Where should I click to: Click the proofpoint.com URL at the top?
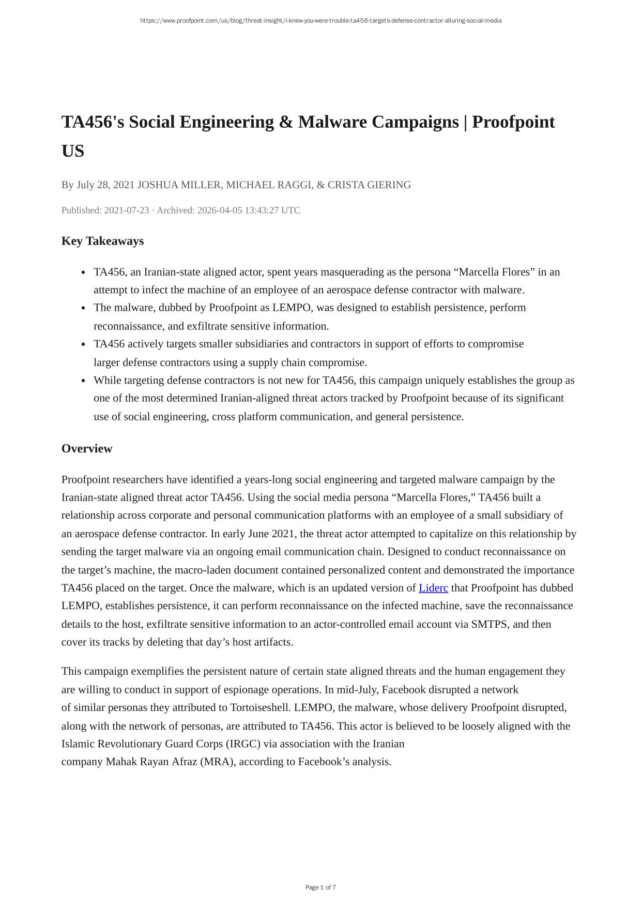click(x=320, y=21)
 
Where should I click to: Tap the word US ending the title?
click(x=73, y=151)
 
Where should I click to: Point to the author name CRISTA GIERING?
click(x=369, y=185)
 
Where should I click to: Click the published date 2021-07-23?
click(x=127, y=210)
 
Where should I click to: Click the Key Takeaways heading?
click(x=102, y=241)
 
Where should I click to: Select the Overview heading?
click(x=87, y=448)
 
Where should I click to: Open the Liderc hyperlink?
click(x=433, y=588)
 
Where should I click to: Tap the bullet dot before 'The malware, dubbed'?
click(x=84, y=308)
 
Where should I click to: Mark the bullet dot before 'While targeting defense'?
click(x=84, y=381)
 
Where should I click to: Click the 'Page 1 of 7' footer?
click(x=320, y=887)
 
